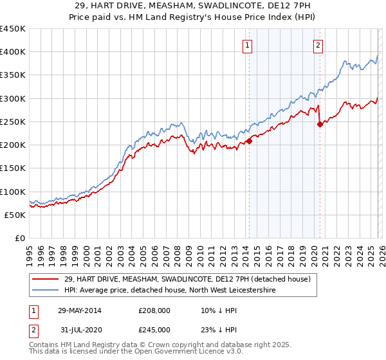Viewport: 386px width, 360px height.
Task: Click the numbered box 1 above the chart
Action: click(248, 45)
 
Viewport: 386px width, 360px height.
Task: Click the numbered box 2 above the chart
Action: click(318, 45)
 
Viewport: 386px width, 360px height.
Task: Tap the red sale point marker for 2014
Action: click(249, 141)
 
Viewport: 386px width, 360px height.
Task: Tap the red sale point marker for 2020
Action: click(320, 125)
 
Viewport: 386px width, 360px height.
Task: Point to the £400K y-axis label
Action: click(13, 52)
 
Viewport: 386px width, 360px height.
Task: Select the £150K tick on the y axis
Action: click(13, 168)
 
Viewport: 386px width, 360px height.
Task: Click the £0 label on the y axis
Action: click(19, 239)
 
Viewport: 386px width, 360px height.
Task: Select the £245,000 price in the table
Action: click(154, 329)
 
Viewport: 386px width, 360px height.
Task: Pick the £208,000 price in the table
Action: click(154, 310)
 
